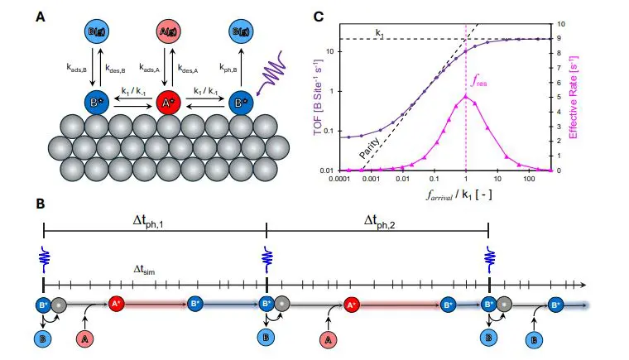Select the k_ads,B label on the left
coord(76,67)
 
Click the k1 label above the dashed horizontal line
coord(379,32)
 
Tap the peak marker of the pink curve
coord(466,97)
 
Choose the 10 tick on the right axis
coord(564,24)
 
